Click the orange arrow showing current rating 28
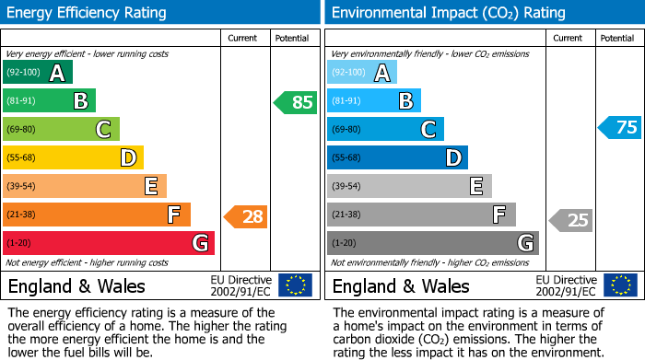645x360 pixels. (x=246, y=217)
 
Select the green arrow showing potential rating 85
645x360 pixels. (x=296, y=102)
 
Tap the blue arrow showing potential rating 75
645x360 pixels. (x=620, y=127)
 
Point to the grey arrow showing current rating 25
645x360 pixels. (x=571, y=220)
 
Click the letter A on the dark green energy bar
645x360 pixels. (x=57, y=73)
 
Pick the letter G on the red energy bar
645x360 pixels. (x=199, y=244)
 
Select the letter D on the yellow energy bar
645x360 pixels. (x=128, y=158)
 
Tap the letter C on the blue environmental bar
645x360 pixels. (x=428, y=130)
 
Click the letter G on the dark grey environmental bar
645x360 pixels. (x=524, y=244)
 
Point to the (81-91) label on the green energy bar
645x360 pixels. (x=23, y=101)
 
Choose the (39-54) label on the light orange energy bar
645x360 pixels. (x=23, y=187)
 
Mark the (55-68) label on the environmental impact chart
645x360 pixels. (x=347, y=158)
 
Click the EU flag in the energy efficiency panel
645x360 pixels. (x=296, y=285)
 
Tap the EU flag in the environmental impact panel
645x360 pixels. (x=620, y=285)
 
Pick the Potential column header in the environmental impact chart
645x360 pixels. (x=616, y=38)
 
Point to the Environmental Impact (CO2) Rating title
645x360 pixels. (x=448, y=13)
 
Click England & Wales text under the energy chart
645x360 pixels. (x=76, y=286)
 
